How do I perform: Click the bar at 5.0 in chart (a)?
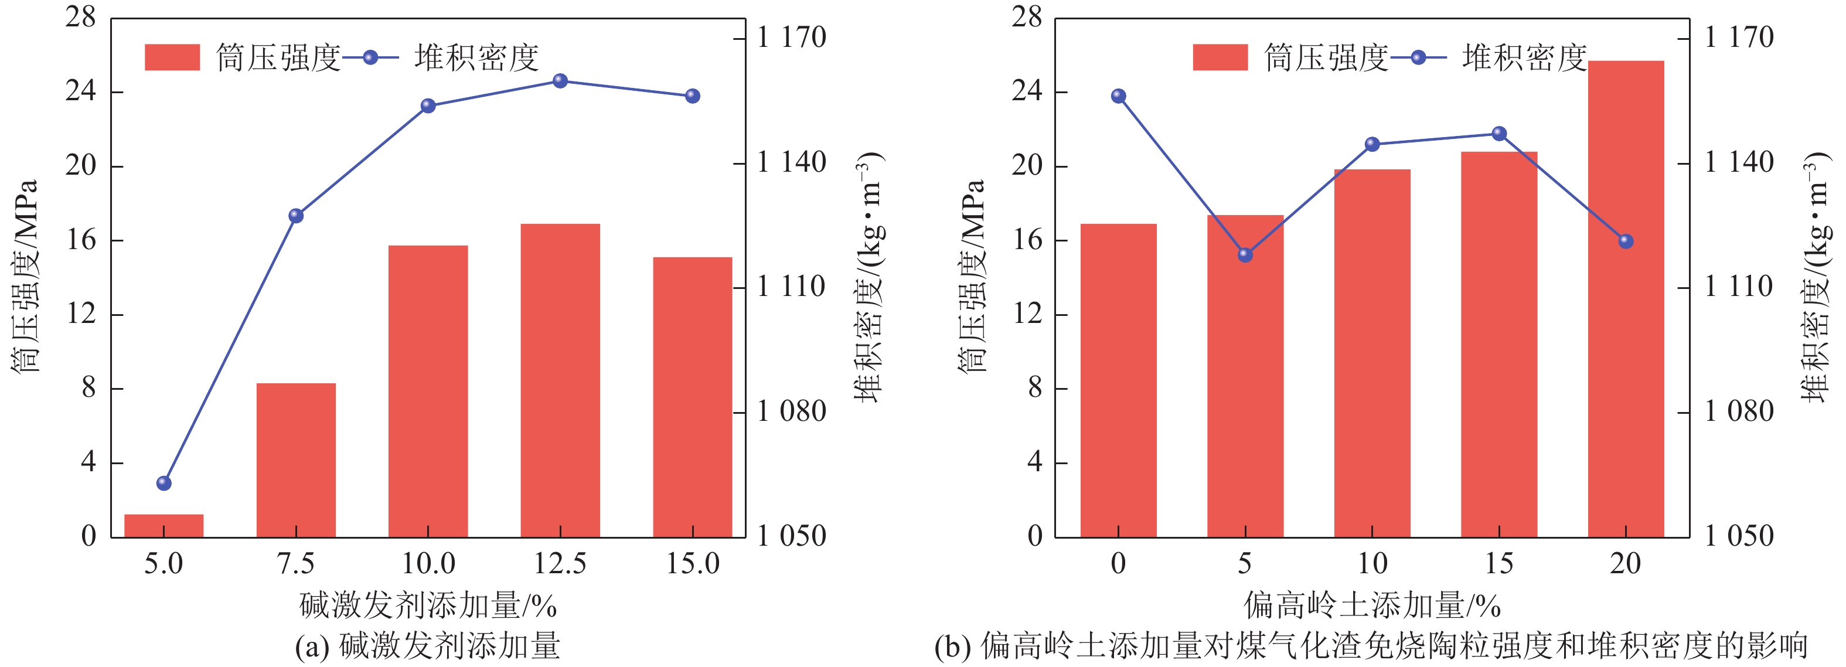click(164, 525)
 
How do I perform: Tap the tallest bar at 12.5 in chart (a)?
click(560, 380)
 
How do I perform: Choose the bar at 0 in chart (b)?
click(1118, 380)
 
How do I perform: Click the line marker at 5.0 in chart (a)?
click(164, 483)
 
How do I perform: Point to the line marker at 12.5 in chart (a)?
click(560, 81)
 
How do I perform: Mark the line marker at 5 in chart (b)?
click(1245, 254)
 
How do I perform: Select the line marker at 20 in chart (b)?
click(1625, 241)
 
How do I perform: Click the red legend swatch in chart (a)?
click(172, 57)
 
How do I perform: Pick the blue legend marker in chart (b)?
click(1418, 57)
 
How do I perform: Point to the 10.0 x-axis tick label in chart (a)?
click(428, 564)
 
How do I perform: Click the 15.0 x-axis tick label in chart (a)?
click(692, 564)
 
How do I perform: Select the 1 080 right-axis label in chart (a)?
click(791, 412)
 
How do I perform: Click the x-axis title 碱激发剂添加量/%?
click(428, 605)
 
